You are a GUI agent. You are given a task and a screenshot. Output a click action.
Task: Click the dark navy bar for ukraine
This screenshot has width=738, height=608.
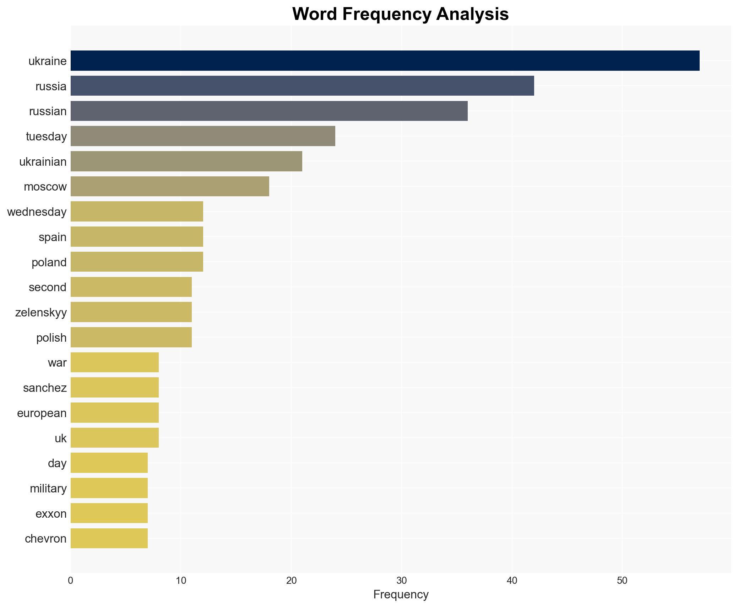pyautogui.click(x=385, y=61)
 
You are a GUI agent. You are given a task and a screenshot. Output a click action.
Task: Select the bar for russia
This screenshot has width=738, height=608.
pyautogui.click(x=302, y=86)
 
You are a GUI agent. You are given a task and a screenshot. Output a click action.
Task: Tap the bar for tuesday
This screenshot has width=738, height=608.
pyautogui.click(x=203, y=136)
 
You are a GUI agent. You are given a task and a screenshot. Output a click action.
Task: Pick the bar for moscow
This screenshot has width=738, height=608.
pyautogui.click(x=170, y=186)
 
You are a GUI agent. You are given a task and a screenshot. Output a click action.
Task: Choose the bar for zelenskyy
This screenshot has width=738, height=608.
pyautogui.click(x=131, y=312)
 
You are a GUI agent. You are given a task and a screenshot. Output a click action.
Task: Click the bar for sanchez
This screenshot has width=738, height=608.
pyautogui.click(x=115, y=388)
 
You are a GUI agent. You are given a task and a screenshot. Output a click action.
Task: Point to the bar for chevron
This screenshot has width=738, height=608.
pyautogui.click(x=109, y=538)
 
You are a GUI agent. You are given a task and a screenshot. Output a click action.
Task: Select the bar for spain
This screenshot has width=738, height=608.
pyautogui.click(x=137, y=237)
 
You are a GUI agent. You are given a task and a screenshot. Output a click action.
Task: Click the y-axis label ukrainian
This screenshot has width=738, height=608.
pyautogui.click(x=43, y=162)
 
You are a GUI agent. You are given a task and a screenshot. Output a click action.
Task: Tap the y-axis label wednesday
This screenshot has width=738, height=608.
pyautogui.click(x=37, y=212)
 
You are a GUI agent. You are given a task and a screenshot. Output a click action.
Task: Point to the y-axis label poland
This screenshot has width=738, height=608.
pyautogui.click(x=49, y=262)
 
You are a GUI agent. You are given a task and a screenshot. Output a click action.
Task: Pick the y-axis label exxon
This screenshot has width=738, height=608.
pyautogui.click(x=51, y=514)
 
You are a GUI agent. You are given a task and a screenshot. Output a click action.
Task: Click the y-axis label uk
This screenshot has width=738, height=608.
pyautogui.click(x=61, y=438)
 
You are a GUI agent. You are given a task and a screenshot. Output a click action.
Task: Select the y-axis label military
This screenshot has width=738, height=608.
pyautogui.click(x=48, y=489)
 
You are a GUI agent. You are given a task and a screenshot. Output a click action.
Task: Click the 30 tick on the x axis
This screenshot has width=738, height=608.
pyautogui.click(x=402, y=581)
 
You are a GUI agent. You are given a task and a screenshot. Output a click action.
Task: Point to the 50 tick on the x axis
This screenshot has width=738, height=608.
pyautogui.click(x=622, y=581)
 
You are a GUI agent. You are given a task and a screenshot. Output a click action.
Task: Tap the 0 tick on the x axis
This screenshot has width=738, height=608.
pyautogui.click(x=71, y=581)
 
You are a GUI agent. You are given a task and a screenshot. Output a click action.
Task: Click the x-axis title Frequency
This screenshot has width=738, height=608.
pyautogui.click(x=401, y=594)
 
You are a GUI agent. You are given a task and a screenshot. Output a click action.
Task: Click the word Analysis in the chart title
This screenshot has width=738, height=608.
pyautogui.click(x=472, y=14)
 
